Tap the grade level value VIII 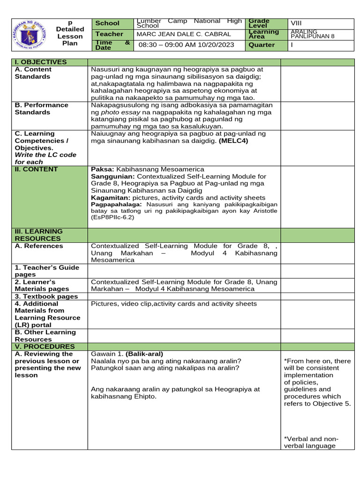pos(297,23)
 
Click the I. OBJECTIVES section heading pos(41,62)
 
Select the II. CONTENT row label pos(36,169)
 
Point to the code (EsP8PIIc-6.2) pos(112,217)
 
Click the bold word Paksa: pos(102,169)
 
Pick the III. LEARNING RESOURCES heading pos(38,235)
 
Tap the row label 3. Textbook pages pos(46,296)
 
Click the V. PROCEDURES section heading pos(45,346)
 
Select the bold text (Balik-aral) pos(144,354)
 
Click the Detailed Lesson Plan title pos(70,33)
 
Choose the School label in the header pos(107,23)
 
